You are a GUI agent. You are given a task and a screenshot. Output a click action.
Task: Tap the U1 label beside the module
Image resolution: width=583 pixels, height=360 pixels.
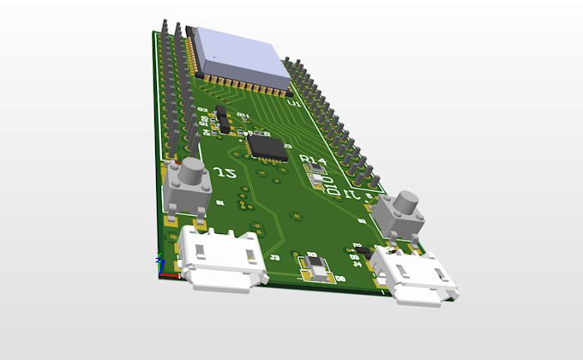(x=294, y=103)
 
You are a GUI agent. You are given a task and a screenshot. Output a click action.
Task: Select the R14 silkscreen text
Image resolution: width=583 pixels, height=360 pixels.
(x=314, y=160)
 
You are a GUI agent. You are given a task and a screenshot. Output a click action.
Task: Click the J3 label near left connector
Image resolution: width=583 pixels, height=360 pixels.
(x=274, y=256)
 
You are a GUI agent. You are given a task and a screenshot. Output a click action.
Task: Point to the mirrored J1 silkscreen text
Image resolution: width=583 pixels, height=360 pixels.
(x=353, y=195)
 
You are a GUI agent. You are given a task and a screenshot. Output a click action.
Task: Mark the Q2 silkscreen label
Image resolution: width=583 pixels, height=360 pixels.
(x=202, y=110)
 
